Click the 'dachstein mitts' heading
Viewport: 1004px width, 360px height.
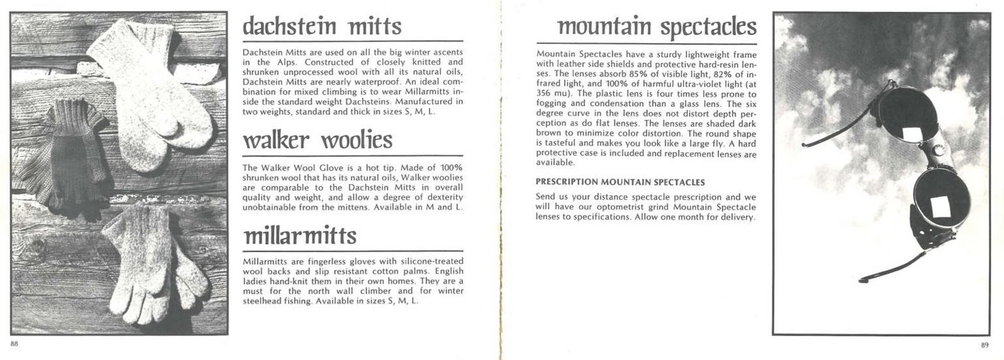[322, 26]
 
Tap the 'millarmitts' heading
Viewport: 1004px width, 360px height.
[300, 236]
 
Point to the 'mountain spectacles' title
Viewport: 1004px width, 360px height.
[656, 27]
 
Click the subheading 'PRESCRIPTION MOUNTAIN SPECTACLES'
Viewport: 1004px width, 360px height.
[620, 182]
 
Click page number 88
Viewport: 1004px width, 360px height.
[14, 344]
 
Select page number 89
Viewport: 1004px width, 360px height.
[985, 345]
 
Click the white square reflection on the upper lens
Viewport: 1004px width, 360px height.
[909, 135]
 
